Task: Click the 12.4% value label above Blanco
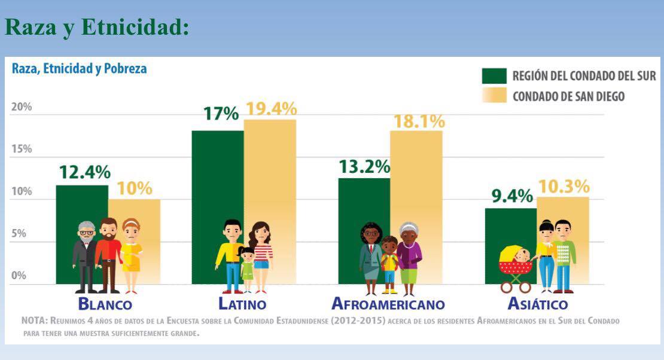coord(84,172)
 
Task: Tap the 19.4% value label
coord(271,109)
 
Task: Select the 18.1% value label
coord(419,121)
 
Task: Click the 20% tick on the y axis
coord(22,107)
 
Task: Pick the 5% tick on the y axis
coord(20,233)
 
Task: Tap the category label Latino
coord(242,304)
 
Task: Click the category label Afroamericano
coord(388,304)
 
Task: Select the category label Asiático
coord(537,303)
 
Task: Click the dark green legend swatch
coord(494,76)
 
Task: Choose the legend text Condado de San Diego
coord(568,96)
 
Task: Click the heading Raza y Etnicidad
coord(97,28)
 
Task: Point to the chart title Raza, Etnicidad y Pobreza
coord(79,69)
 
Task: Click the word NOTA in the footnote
coord(33,321)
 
